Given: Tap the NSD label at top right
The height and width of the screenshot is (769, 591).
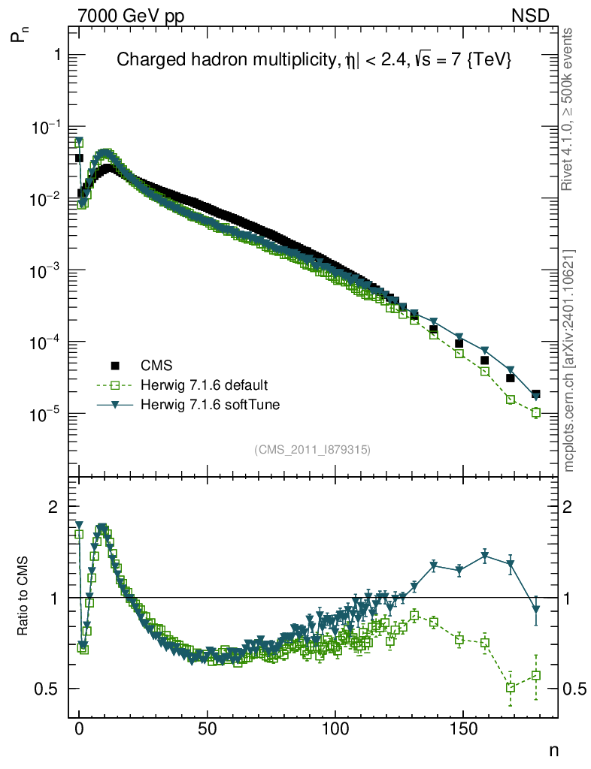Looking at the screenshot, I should [x=531, y=16].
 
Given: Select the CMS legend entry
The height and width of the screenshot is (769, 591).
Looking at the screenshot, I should [x=157, y=366].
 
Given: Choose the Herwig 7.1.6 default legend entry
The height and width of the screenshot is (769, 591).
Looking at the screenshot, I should [x=205, y=385].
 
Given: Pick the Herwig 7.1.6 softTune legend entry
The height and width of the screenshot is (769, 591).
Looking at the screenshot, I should [x=207, y=405].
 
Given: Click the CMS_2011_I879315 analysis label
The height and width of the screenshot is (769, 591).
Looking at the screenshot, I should [x=313, y=449].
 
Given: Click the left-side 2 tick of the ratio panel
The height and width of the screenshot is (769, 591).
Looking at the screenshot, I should [x=53, y=507].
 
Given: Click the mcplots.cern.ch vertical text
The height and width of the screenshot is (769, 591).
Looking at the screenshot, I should [x=569, y=360].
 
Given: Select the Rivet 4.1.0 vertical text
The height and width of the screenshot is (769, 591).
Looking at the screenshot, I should [x=569, y=109].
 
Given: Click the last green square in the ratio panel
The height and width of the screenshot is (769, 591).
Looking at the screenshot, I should [x=536, y=676].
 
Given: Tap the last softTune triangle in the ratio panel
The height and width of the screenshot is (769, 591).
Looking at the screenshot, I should [x=536, y=610].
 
